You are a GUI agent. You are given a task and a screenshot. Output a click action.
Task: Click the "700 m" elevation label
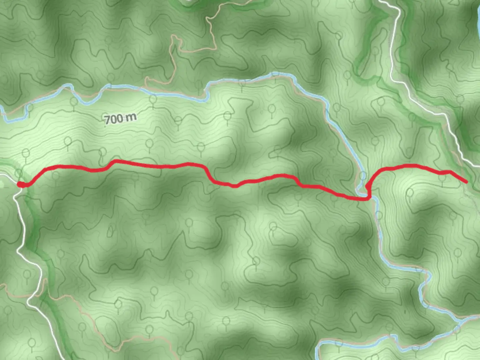[x=120, y=118]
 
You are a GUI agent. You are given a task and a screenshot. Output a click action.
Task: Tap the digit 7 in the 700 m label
[x=107, y=120]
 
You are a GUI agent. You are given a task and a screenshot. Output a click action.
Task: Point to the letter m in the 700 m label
[x=132, y=117]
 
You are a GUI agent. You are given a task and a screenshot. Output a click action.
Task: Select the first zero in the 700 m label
[x=113, y=119]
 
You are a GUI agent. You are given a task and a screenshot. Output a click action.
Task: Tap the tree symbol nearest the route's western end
[x=19, y=173]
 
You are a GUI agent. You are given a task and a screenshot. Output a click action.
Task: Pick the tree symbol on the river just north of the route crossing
[x=363, y=175]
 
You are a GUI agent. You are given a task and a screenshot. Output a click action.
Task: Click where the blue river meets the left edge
[x=1, y=108]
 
